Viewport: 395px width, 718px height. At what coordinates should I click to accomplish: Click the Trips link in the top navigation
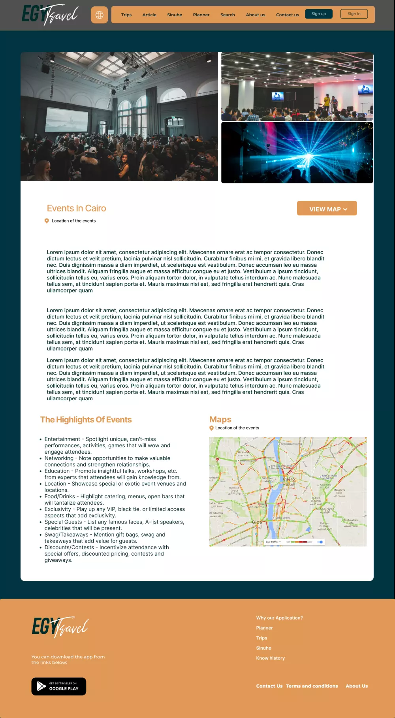(x=126, y=15)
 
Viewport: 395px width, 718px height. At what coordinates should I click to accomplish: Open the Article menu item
(x=149, y=15)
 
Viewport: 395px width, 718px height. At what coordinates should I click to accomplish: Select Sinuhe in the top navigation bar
(x=175, y=15)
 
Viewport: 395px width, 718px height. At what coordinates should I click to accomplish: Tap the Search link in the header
(x=228, y=15)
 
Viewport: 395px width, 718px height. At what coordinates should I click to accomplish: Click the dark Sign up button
(x=319, y=14)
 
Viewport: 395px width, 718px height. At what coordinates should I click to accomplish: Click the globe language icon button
(x=100, y=15)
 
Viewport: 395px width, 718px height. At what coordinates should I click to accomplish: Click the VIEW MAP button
(x=327, y=209)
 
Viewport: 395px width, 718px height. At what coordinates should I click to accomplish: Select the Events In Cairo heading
(x=76, y=208)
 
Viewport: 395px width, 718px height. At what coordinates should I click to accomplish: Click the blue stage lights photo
(x=297, y=153)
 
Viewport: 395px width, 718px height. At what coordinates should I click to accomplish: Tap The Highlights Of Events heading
(x=86, y=420)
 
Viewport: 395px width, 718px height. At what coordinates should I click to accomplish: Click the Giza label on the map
(x=257, y=522)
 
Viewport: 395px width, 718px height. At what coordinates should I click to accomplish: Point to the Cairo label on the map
(x=289, y=479)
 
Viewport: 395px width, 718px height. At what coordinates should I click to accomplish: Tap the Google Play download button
(x=59, y=686)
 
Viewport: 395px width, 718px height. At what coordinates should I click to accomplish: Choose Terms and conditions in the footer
(x=312, y=686)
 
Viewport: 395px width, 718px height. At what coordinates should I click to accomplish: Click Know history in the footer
(x=270, y=658)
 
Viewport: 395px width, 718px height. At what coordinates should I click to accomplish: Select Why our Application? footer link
(x=279, y=618)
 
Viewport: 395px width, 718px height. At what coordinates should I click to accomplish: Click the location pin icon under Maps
(x=211, y=428)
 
